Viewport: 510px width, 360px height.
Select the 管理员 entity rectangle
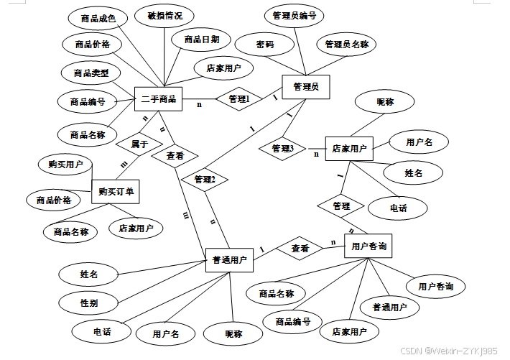tap(305, 88)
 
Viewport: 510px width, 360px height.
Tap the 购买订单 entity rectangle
tap(115, 191)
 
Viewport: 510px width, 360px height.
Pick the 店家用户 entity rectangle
tap(349, 149)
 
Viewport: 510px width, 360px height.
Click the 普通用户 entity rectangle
tap(229, 260)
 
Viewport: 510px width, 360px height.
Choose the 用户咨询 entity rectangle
tap(370, 246)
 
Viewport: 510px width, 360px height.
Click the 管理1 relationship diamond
tap(238, 98)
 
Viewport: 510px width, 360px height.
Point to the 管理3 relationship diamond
tap(282, 149)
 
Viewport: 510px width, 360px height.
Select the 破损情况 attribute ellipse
tap(164, 15)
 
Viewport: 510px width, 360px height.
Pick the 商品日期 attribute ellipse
tap(201, 39)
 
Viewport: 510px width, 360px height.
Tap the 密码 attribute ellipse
tap(264, 44)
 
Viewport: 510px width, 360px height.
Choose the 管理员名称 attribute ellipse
tap(346, 44)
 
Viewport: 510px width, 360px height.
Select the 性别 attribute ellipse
tap(89, 303)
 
